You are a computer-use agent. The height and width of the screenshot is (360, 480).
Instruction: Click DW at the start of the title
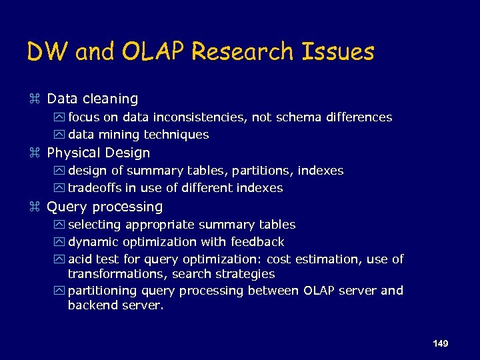click(48, 51)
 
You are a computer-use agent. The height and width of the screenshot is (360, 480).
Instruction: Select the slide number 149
click(440, 343)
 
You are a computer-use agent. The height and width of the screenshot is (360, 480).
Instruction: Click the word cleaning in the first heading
click(111, 99)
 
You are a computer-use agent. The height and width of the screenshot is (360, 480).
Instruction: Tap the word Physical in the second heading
click(73, 153)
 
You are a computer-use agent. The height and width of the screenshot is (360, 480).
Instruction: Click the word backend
click(91, 305)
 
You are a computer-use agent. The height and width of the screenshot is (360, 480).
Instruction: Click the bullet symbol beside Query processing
click(36, 207)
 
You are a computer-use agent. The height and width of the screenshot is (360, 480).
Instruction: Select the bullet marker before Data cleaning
click(36, 99)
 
